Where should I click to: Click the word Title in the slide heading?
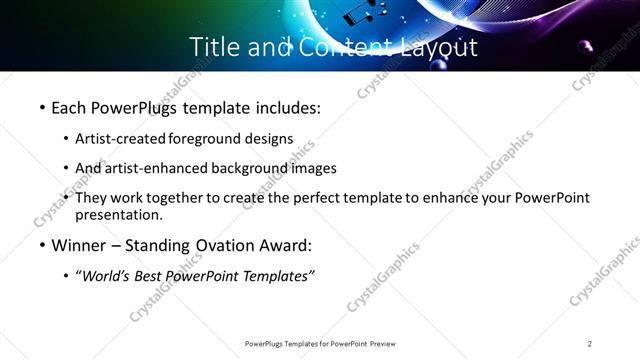click(214, 46)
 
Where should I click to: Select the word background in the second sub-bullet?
click(247, 168)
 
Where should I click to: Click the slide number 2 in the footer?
click(590, 344)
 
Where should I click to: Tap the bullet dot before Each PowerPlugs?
click(41, 106)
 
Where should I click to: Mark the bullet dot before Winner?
click(41, 246)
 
